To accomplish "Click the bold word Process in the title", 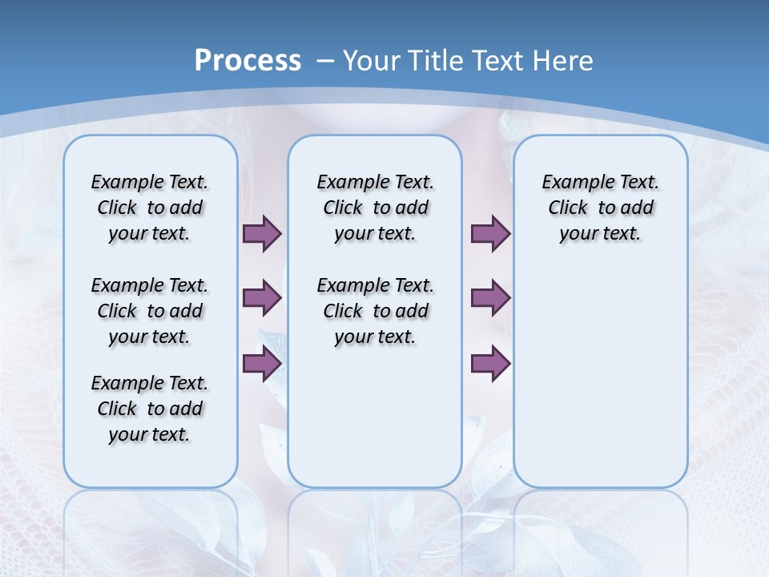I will (248, 60).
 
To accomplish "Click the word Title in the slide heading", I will (437, 61).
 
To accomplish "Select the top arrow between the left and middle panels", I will (262, 233).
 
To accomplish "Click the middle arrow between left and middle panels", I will (262, 298).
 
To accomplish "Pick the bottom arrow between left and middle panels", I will (262, 364).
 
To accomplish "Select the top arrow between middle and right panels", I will (490, 233).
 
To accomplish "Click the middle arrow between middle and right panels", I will (490, 298).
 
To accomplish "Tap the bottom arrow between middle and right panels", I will (490, 364).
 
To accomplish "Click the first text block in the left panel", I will (150, 208).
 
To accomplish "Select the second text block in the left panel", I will (150, 311).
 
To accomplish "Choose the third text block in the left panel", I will (150, 409).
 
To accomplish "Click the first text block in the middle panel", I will (375, 208).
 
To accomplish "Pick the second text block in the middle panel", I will (375, 311).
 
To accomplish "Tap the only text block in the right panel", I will (600, 208).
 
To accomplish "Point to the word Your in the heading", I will (372, 61).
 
